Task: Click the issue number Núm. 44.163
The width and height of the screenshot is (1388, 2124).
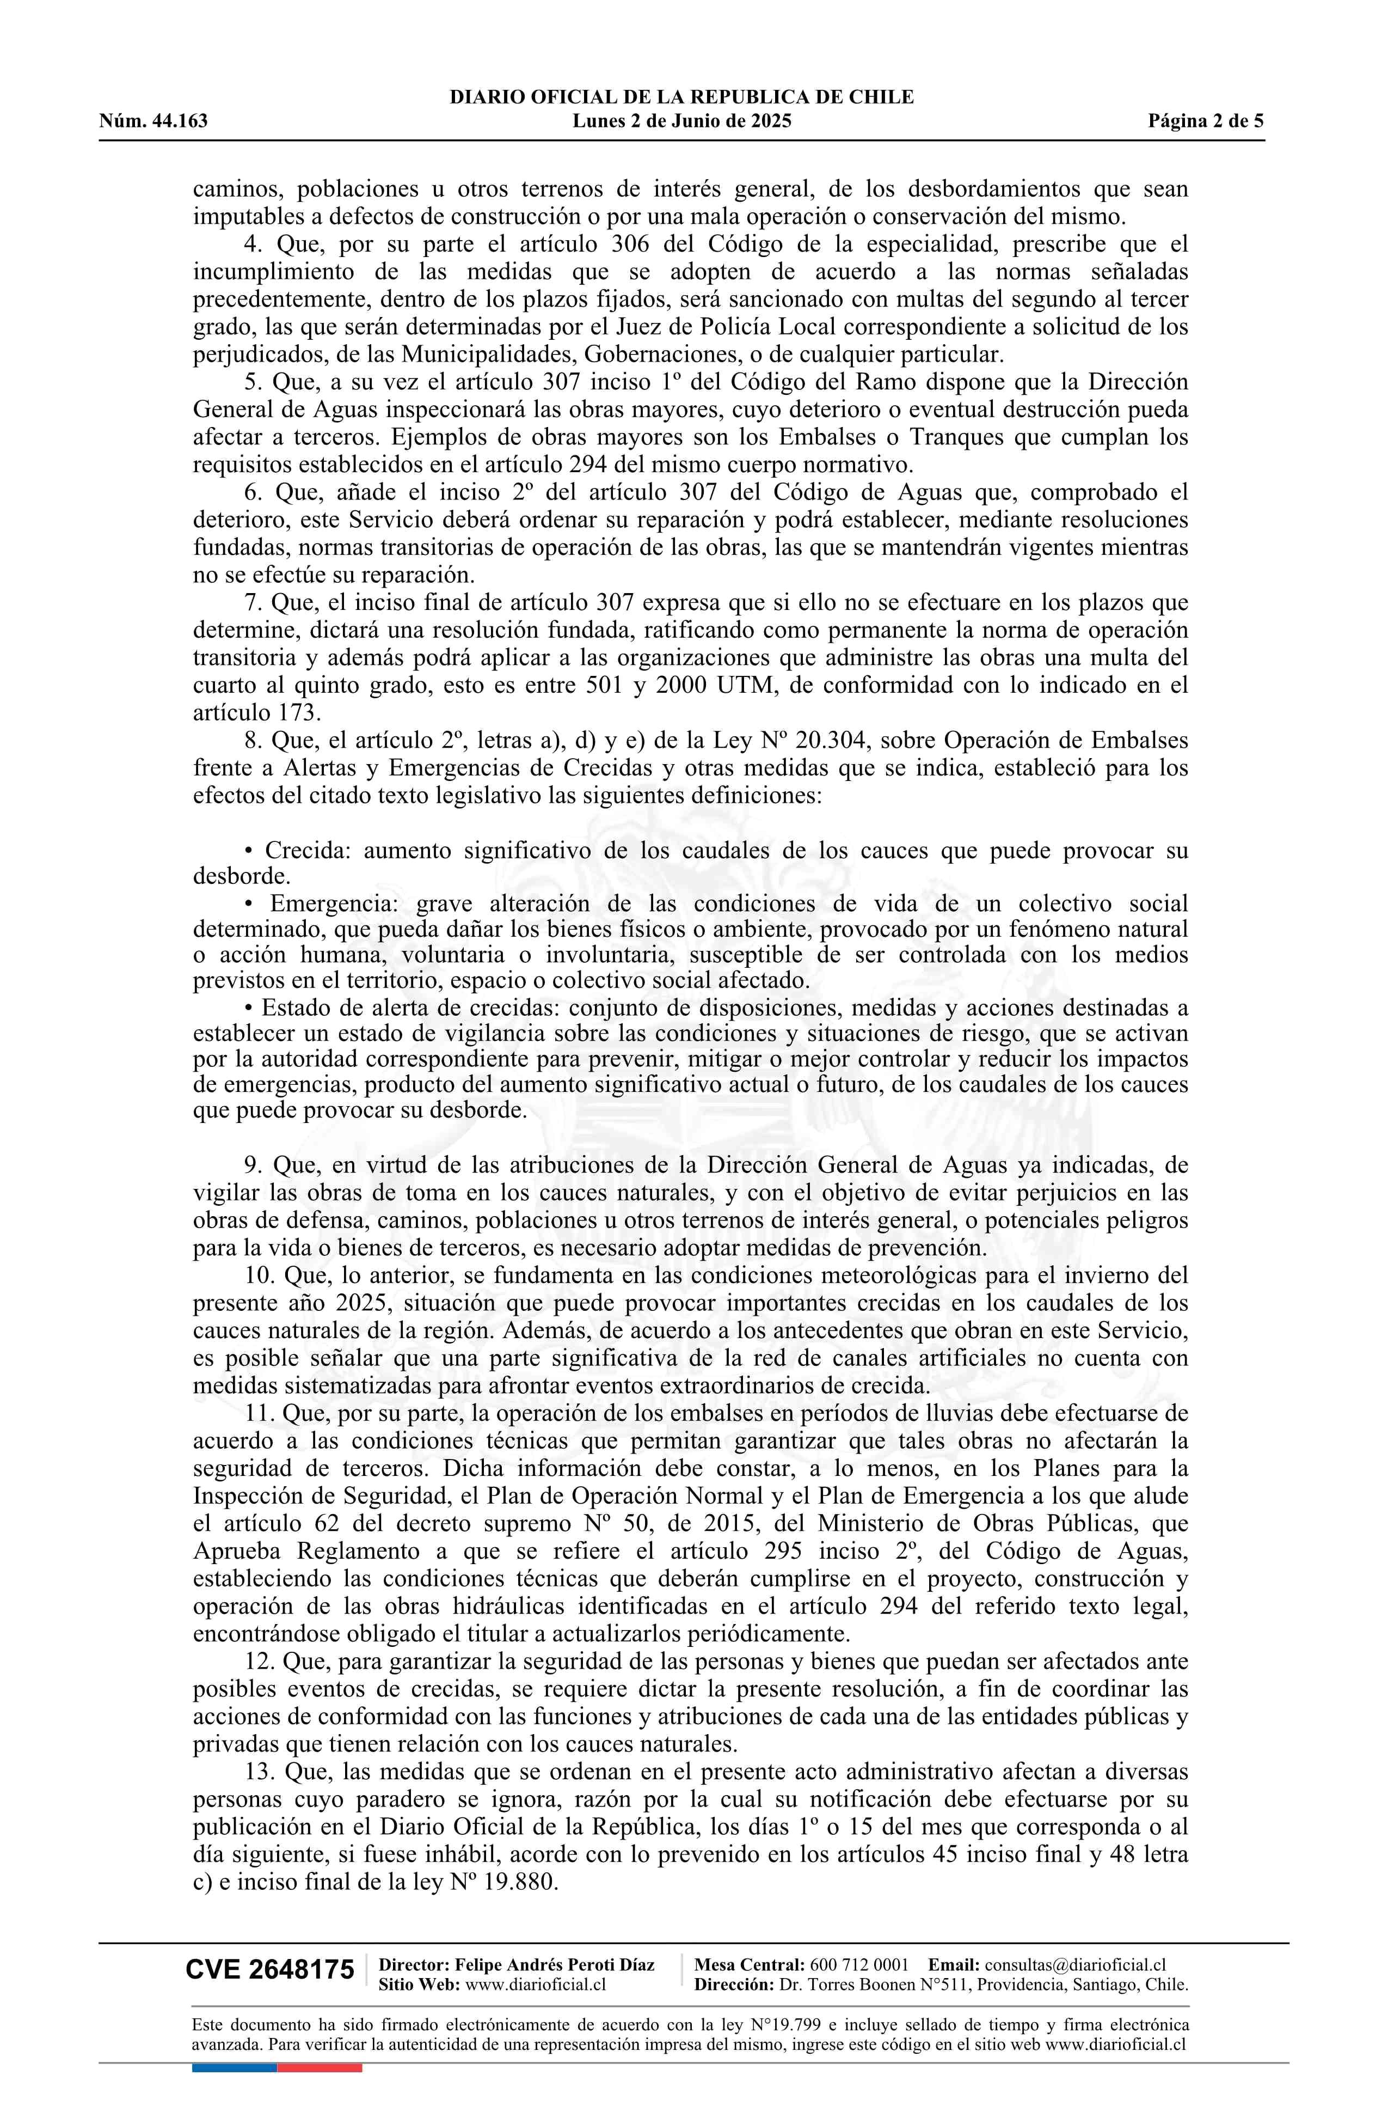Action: click(153, 121)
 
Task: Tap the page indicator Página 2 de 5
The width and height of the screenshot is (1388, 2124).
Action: click(1206, 121)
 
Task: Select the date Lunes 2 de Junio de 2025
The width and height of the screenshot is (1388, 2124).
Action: click(681, 121)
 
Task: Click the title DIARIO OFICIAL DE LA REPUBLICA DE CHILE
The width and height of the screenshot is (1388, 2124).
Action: click(681, 97)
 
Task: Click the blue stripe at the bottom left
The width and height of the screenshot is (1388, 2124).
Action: click(234, 2067)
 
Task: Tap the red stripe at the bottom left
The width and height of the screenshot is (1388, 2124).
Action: click(320, 2067)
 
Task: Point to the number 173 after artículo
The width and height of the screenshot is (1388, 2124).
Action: click(294, 713)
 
